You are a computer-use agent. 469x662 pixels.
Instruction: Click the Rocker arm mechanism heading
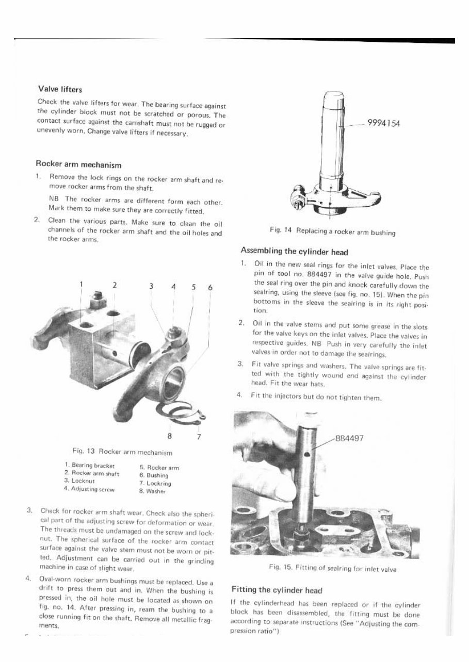click(78, 165)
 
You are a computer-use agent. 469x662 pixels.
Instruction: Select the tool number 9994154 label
click(384, 123)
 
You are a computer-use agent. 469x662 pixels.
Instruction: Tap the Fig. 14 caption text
click(333, 233)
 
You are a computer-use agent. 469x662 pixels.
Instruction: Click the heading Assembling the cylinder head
click(295, 252)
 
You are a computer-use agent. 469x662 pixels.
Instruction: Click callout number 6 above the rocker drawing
click(209, 287)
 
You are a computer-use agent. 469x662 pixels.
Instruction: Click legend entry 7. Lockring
click(155, 483)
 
